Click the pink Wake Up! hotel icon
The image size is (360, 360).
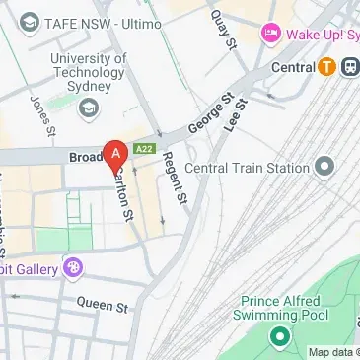tap(270, 34)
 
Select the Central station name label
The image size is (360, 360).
tap(293, 67)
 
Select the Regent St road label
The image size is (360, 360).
tap(175, 178)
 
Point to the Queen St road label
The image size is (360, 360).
tap(102, 307)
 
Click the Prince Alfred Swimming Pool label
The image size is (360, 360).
tap(280, 307)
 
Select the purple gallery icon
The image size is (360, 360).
tap(71, 266)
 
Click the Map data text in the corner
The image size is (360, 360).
tap(331, 352)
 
